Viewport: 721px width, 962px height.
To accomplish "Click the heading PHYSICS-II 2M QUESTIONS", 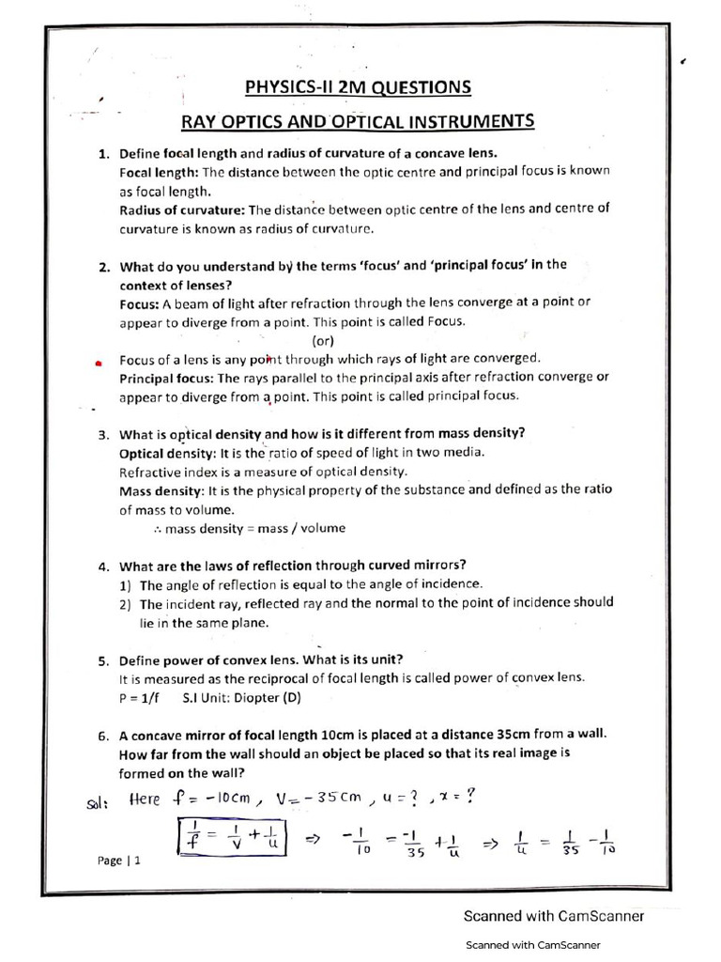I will click(x=358, y=88).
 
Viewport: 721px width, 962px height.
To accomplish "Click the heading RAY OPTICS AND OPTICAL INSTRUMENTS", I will click(x=358, y=122).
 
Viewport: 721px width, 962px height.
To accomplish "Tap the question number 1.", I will click(x=104, y=154).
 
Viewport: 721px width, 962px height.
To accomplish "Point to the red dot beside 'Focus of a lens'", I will click(x=99, y=362).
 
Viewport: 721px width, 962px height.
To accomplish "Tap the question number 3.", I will click(x=104, y=435).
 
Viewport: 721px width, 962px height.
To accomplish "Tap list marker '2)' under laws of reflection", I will click(x=126, y=604).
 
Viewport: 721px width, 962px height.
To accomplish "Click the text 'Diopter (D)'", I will click(x=267, y=698).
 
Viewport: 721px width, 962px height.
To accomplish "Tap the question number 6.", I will click(x=104, y=736).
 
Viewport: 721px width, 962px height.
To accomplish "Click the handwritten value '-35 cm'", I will click(x=330, y=799).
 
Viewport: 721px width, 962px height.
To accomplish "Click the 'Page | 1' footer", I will click(x=118, y=861).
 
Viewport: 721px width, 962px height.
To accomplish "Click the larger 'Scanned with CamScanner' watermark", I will click(x=554, y=916).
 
